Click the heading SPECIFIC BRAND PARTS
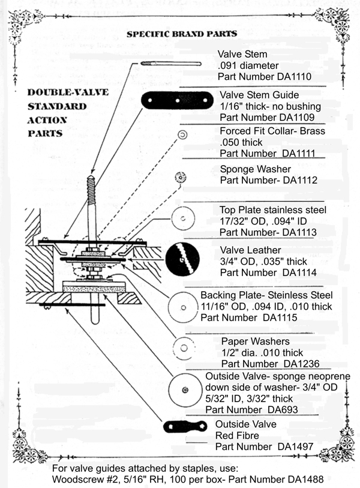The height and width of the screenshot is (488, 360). point(181,34)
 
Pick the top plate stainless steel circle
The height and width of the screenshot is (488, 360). point(184,219)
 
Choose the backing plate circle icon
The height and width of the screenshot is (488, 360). point(182,307)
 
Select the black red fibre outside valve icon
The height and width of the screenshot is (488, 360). point(185,427)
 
